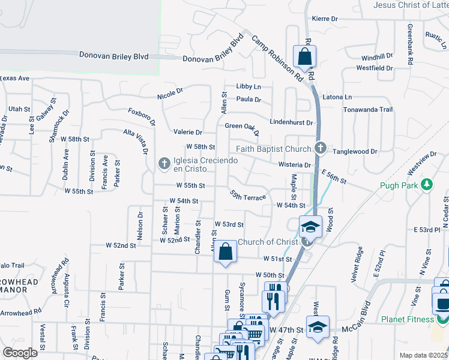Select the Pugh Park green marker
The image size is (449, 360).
point(427,185)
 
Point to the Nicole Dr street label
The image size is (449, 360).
point(170,94)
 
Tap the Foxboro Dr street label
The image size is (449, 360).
point(142,117)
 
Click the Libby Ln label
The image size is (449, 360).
point(249,86)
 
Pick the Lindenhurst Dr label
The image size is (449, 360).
point(291,122)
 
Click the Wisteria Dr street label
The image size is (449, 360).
point(294,165)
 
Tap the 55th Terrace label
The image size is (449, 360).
point(248,196)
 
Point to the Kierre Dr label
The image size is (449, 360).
point(325,19)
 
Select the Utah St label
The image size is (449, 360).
point(19,109)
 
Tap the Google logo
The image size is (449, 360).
point(20,353)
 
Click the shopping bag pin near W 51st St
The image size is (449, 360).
point(225,252)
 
